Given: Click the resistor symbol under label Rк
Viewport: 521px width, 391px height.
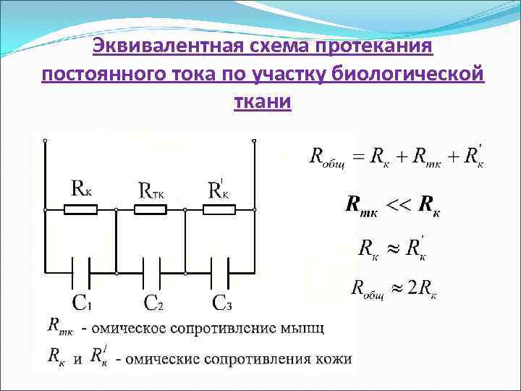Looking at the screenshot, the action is [81, 210].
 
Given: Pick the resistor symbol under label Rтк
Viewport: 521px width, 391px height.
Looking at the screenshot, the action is [151, 210].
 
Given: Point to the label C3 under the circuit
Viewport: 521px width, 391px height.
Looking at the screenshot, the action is [222, 302].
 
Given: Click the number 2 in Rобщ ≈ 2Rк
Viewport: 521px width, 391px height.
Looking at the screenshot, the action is [412, 287].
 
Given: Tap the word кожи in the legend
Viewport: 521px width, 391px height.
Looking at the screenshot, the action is [334, 358].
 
